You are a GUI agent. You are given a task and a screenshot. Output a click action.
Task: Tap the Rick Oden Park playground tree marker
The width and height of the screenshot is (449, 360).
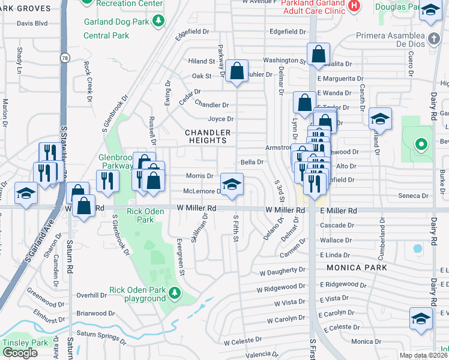pyautogui.click(x=175, y=293)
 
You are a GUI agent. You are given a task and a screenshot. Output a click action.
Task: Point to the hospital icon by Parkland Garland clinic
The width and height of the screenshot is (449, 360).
pyautogui.click(x=354, y=5)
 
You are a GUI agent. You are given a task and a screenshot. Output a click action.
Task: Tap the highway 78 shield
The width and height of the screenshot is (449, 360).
pyautogui.click(x=63, y=58)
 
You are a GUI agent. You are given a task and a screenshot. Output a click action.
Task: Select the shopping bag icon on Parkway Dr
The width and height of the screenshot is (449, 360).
pyautogui.click(x=238, y=70)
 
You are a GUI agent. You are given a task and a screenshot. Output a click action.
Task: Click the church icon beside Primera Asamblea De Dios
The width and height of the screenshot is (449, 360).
pyautogui.click(x=434, y=39)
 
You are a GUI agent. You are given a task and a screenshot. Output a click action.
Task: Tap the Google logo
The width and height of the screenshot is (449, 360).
pyautogui.click(x=20, y=353)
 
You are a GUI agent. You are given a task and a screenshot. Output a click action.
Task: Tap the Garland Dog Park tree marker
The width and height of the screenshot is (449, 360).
pyautogui.click(x=158, y=22)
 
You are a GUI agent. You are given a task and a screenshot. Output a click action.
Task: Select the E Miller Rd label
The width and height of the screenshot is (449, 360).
pyautogui.click(x=339, y=211)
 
